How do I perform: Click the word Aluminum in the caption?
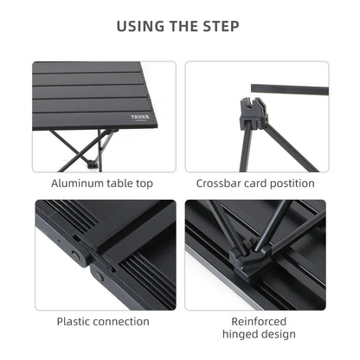pyautogui.click(x=79, y=183)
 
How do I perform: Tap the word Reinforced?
pyautogui.click(x=256, y=320)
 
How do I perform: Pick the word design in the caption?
pyautogui.click(x=277, y=334)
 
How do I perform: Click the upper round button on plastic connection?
pyautogui.click(x=76, y=257)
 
